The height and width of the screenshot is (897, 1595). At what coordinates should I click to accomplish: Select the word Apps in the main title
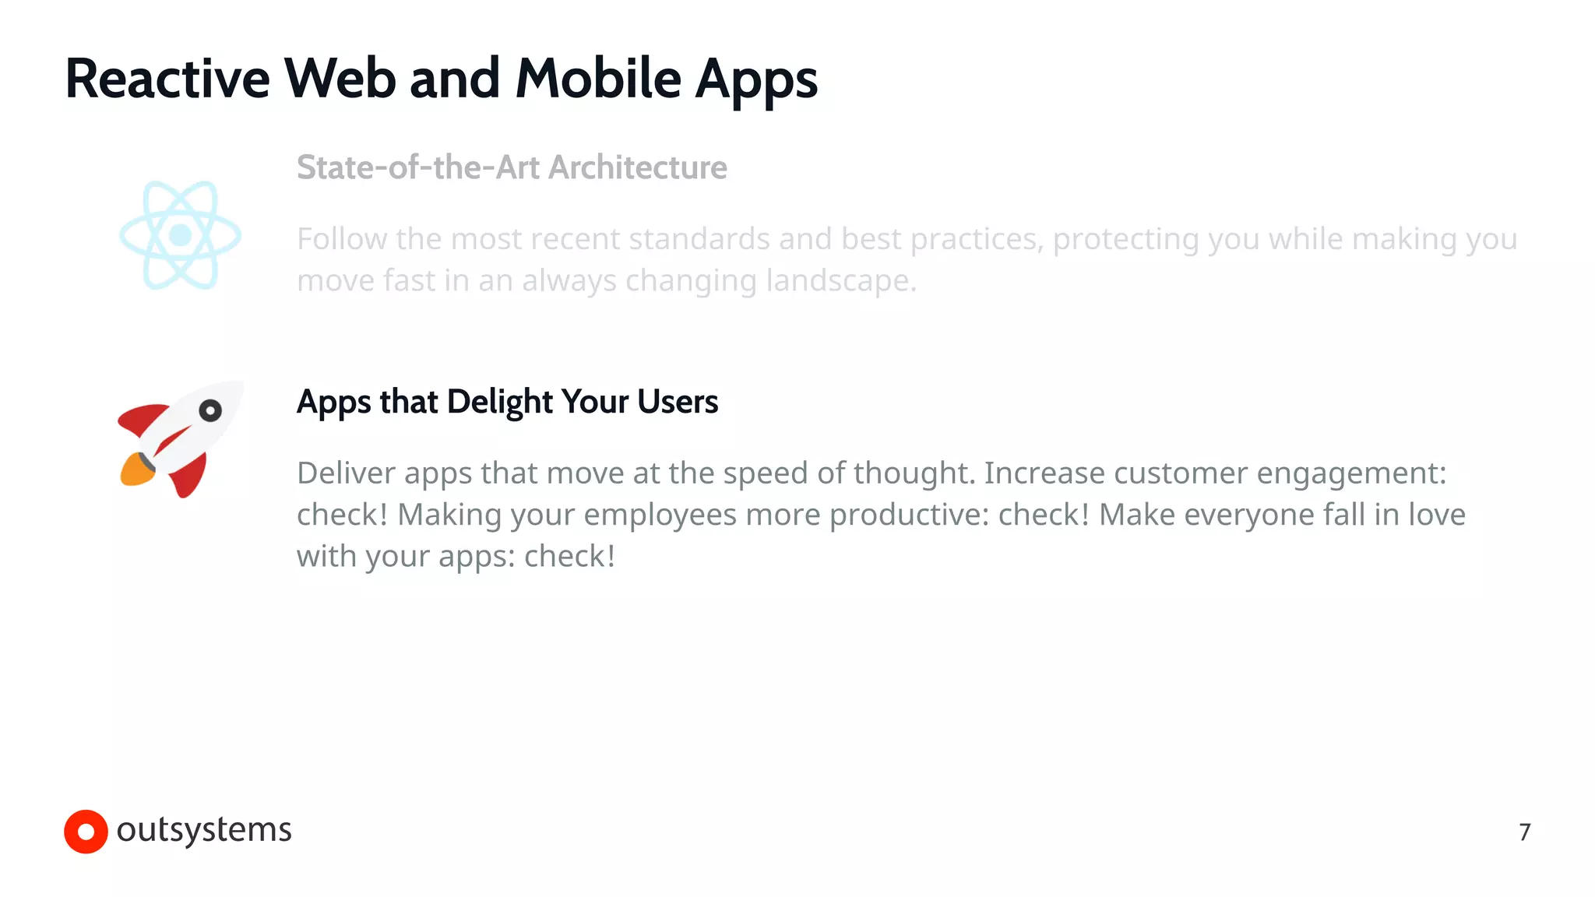click(755, 81)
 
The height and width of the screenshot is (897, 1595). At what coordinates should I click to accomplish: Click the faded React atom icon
click(181, 235)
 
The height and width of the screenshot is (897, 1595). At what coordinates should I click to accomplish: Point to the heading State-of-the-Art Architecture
click(512, 167)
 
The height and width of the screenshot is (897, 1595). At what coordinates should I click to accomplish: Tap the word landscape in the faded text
click(841, 281)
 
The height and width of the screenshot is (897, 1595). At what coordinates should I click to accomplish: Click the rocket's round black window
click(210, 410)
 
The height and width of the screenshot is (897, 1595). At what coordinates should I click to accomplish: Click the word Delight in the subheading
click(499, 402)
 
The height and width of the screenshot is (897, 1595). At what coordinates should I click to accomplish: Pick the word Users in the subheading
click(677, 402)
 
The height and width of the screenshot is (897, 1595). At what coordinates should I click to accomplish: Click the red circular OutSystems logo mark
click(86, 832)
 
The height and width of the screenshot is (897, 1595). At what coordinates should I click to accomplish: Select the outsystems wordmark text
click(204, 830)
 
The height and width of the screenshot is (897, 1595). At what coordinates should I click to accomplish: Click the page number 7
click(1524, 832)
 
